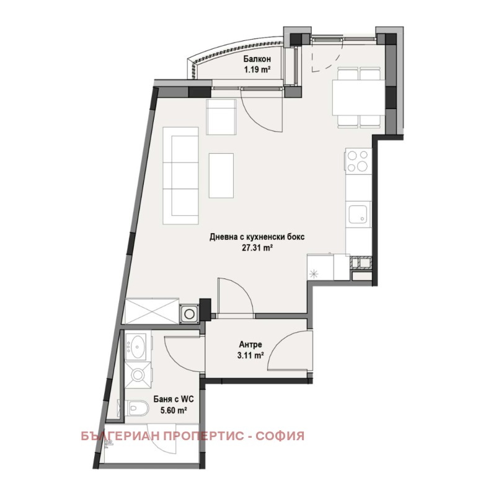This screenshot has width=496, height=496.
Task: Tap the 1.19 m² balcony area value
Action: pyautogui.click(x=259, y=69)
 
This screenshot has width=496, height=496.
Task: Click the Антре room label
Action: pyautogui.click(x=250, y=345)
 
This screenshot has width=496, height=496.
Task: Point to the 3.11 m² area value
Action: pyautogui.click(x=251, y=356)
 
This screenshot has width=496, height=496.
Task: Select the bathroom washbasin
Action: pyautogui.click(x=135, y=346)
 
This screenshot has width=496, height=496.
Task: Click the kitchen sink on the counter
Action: pyautogui.click(x=358, y=215)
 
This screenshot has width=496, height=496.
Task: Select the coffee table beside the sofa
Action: pyautogui.click(x=221, y=176)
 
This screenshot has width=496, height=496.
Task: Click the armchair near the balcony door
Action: pyautogui.click(x=221, y=117)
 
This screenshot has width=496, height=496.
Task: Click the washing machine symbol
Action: pyautogui.click(x=188, y=313)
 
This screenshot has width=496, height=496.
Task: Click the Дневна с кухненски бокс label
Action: pyautogui.click(x=257, y=237)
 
